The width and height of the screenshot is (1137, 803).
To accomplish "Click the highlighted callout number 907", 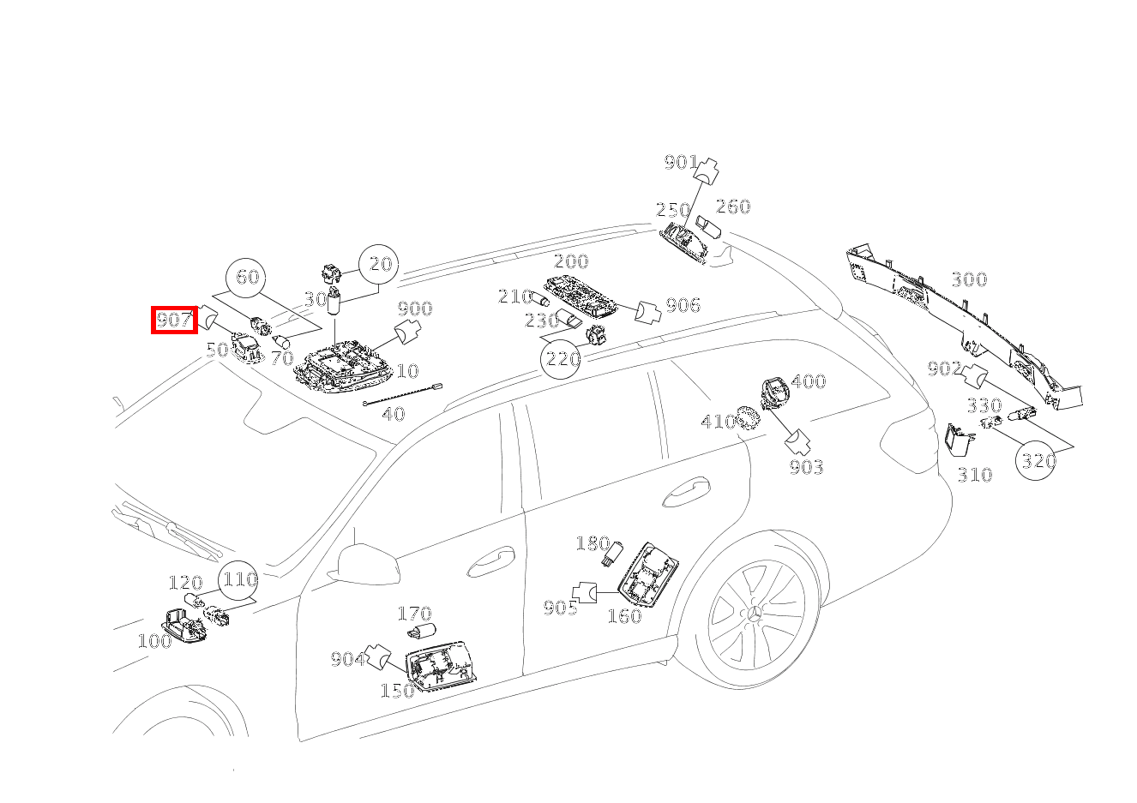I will (x=175, y=321).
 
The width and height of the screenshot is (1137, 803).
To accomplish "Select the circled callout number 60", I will (x=247, y=277).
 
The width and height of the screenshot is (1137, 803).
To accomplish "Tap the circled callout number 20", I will (x=379, y=265).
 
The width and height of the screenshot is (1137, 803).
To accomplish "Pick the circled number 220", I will (x=562, y=358).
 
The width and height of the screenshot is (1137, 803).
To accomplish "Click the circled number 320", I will (x=1037, y=460).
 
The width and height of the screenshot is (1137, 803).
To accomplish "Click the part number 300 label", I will (x=968, y=279).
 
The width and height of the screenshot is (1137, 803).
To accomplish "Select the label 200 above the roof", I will (x=570, y=261).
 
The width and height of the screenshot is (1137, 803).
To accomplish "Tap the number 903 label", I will (x=806, y=467).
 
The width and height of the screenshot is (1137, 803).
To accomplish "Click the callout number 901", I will (x=681, y=162).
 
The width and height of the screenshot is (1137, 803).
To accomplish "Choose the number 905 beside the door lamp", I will (x=560, y=608).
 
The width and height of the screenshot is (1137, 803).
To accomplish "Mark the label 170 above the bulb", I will (x=414, y=614).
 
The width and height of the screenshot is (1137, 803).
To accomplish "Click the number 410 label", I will (x=718, y=421).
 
